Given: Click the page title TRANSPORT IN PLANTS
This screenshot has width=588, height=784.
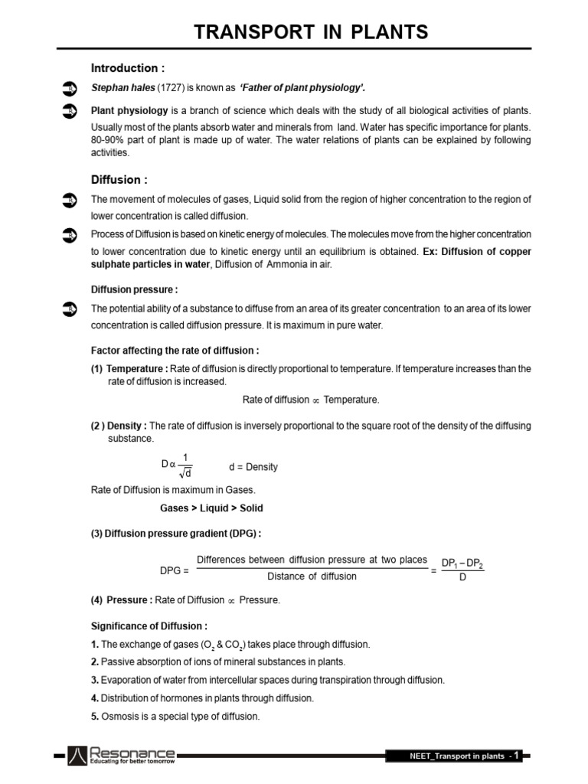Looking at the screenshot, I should pos(311,32).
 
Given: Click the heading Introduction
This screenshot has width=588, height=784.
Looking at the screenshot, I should pos(128,67).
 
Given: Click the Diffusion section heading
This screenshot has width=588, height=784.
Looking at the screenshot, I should pos(119,180).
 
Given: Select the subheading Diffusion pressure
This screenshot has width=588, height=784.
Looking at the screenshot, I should pos(134,289).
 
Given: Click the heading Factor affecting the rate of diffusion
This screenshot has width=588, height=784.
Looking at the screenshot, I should pos(175,351).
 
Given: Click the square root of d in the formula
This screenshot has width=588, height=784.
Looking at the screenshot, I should pos(185,472).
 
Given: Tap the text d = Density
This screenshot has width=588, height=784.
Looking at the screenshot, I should pos(253,467).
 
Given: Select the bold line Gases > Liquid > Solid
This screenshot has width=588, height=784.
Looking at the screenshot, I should pos(211,508).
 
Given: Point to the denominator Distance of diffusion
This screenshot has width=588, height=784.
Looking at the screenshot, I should pos(312,576).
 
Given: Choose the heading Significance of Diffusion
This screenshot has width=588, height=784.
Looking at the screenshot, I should pos(149,626).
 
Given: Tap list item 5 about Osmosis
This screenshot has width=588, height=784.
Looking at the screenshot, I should pos(175,717).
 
